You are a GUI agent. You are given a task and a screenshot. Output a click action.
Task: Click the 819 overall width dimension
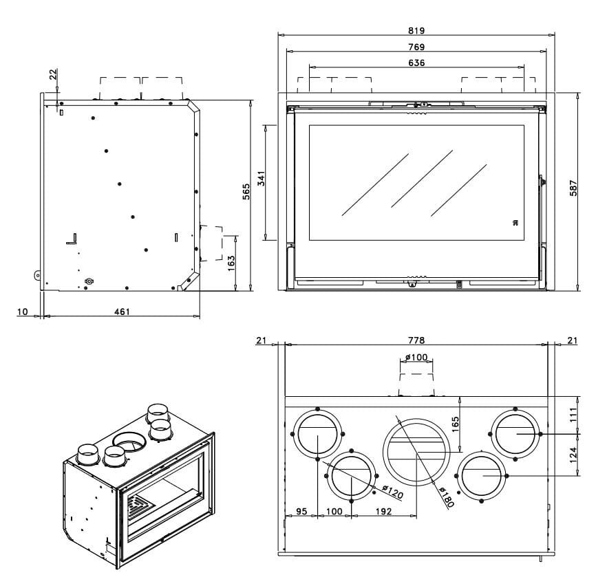point(416,30)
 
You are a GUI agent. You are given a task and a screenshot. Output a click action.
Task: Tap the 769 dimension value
point(416,47)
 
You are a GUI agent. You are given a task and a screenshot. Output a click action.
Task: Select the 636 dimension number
point(416,63)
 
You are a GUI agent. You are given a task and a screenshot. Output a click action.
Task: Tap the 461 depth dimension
point(121,312)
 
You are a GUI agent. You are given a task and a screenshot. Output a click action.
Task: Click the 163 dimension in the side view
point(231,263)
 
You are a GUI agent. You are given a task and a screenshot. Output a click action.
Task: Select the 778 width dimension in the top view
point(416,340)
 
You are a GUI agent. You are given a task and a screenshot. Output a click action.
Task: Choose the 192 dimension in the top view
point(383,512)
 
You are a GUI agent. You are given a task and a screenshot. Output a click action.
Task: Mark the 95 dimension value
point(301,512)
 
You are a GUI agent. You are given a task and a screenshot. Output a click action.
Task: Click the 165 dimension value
point(455,422)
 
